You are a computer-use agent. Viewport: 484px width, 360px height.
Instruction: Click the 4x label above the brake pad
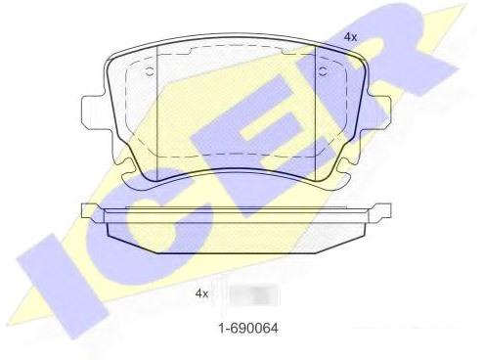click(x=350, y=37)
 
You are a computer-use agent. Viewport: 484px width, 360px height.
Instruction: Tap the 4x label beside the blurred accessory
click(x=201, y=293)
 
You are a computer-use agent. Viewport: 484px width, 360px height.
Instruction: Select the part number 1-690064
click(x=248, y=328)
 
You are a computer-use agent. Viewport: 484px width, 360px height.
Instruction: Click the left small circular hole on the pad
click(x=151, y=72)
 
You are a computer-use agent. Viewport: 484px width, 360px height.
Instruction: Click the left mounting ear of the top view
click(x=93, y=111)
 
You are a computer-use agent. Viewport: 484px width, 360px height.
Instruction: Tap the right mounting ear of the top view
click(x=378, y=111)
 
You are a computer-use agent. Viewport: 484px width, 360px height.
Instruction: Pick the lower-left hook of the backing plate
click(x=130, y=173)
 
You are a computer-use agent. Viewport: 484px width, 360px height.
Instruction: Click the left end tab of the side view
click(x=91, y=212)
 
